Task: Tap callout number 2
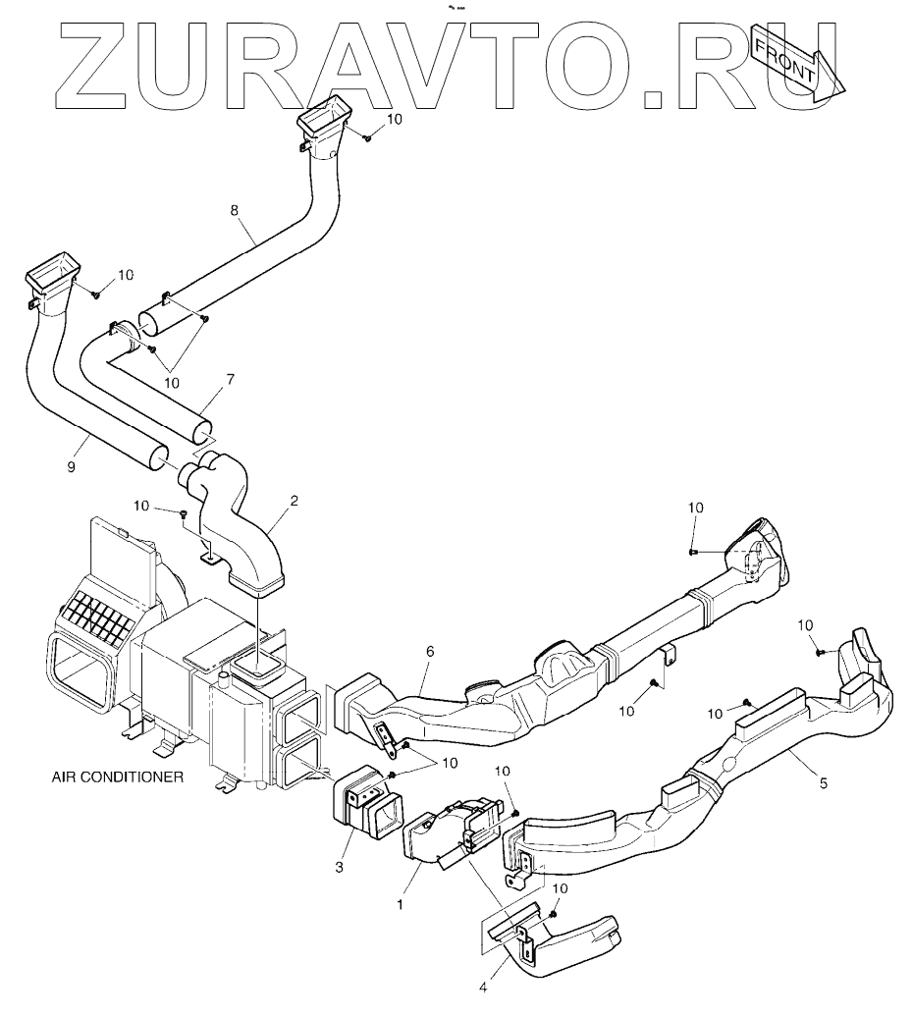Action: tap(294, 501)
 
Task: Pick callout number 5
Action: tap(823, 782)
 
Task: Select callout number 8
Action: tap(233, 210)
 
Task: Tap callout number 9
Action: tap(71, 468)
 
